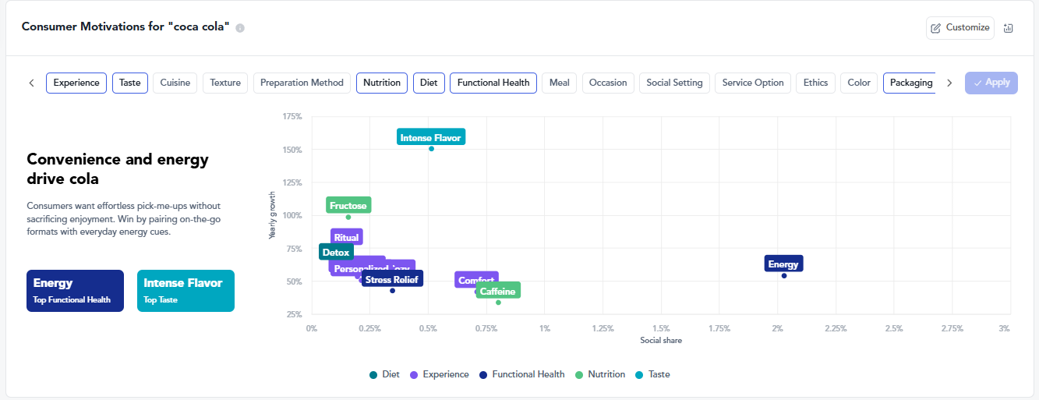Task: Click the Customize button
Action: coord(960,27)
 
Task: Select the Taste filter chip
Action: coord(130,83)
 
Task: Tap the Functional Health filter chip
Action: coord(493,83)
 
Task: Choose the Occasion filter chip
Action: coord(608,83)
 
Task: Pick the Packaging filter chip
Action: coord(910,83)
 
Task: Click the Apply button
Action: coord(991,83)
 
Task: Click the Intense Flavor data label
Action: coord(430,138)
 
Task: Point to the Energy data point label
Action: coord(783,264)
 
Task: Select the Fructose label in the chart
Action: coord(348,206)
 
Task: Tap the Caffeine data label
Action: coord(497,292)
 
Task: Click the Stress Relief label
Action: coord(392,279)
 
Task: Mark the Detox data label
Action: coord(336,253)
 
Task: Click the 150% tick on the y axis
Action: coord(292,150)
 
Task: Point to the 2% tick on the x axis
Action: coord(777,329)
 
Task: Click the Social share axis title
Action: coord(661,340)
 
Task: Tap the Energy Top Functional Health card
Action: coord(75,290)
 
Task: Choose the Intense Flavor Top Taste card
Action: coord(186,290)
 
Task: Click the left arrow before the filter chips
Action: coord(31,83)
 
